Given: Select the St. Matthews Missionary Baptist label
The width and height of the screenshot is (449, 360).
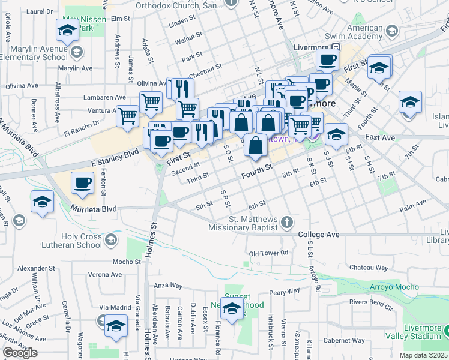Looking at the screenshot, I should (243, 223).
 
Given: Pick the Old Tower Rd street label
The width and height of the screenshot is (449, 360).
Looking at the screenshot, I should (269, 253).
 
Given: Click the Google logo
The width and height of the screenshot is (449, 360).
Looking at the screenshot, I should (20, 353).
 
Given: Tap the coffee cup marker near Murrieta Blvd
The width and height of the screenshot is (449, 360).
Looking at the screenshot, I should (83, 182).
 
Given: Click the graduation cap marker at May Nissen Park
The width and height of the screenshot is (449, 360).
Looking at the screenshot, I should (68, 29).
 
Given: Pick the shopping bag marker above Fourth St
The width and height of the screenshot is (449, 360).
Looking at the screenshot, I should (256, 145).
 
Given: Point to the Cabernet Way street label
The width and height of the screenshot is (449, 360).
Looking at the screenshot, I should (344, 340).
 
